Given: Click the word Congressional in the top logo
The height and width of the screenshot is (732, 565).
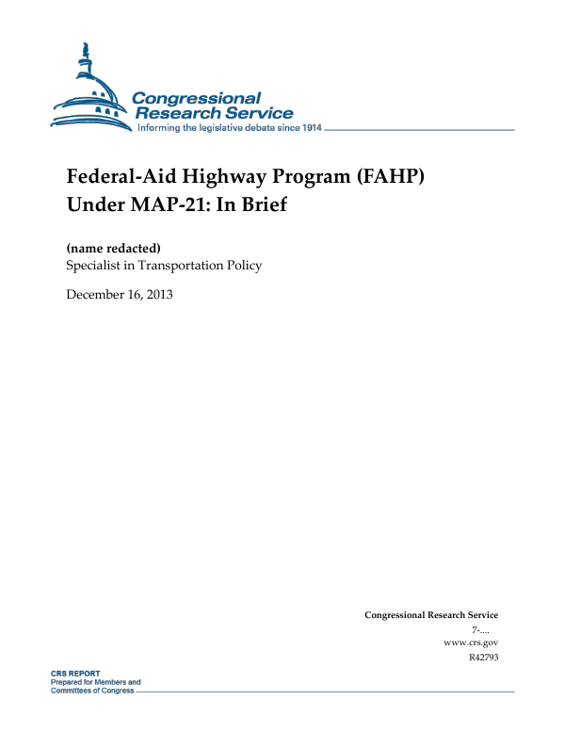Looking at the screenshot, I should pyautogui.click(x=196, y=98).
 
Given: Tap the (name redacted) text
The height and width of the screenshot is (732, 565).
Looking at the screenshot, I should pyautogui.click(x=114, y=248).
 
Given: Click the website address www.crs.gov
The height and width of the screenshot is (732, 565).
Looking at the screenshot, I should pyautogui.click(x=470, y=642).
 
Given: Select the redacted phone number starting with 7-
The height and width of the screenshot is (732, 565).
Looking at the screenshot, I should pyautogui.click(x=484, y=628).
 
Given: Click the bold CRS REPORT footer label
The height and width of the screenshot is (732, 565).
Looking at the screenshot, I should pyautogui.click(x=74, y=675).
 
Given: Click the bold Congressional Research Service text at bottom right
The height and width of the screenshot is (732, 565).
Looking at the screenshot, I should pyautogui.click(x=431, y=615).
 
